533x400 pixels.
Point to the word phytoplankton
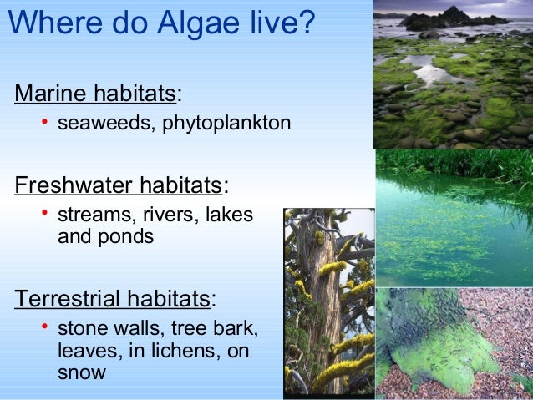click(x=226, y=124)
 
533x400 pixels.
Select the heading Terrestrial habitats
click(x=111, y=298)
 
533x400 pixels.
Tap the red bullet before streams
click(x=45, y=214)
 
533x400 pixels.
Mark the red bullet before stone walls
click(x=45, y=328)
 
